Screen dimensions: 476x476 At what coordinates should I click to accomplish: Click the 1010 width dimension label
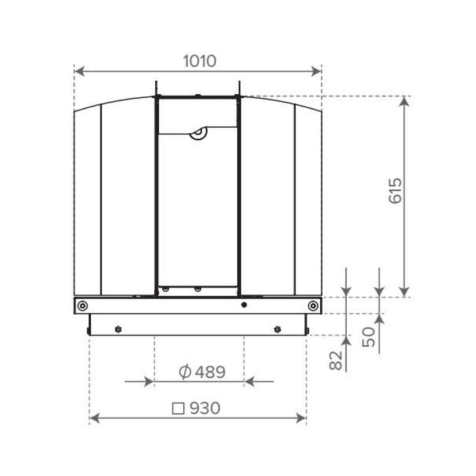(200, 61)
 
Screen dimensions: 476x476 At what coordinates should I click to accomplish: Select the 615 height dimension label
(395, 191)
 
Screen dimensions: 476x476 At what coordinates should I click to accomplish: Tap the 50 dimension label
(369, 337)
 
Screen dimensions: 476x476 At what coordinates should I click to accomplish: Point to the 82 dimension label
(336, 360)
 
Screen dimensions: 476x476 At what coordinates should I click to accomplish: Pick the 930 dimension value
(204, 408)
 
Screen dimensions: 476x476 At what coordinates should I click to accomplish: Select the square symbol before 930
(179, 408)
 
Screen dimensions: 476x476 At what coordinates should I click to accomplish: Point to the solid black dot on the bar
(244, 305)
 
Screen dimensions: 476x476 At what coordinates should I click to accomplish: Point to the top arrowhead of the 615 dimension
(404, 102)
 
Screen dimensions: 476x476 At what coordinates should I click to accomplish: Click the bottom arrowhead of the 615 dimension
(404, 292)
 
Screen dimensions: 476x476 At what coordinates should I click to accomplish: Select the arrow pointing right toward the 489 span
(149, 382)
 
